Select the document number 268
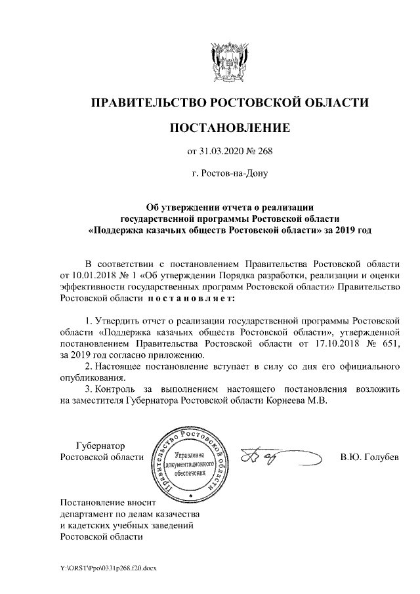click(263, 152)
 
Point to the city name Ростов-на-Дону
click(230, 174)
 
